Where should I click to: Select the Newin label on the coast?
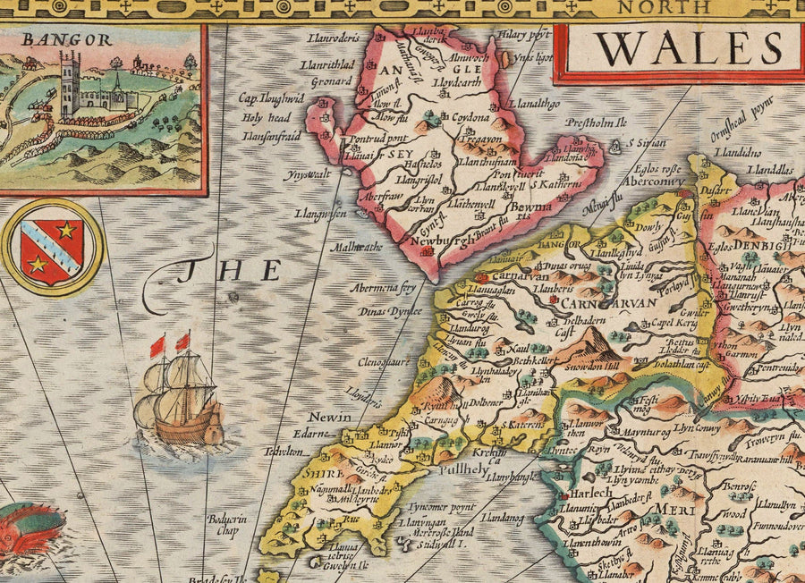324,418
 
